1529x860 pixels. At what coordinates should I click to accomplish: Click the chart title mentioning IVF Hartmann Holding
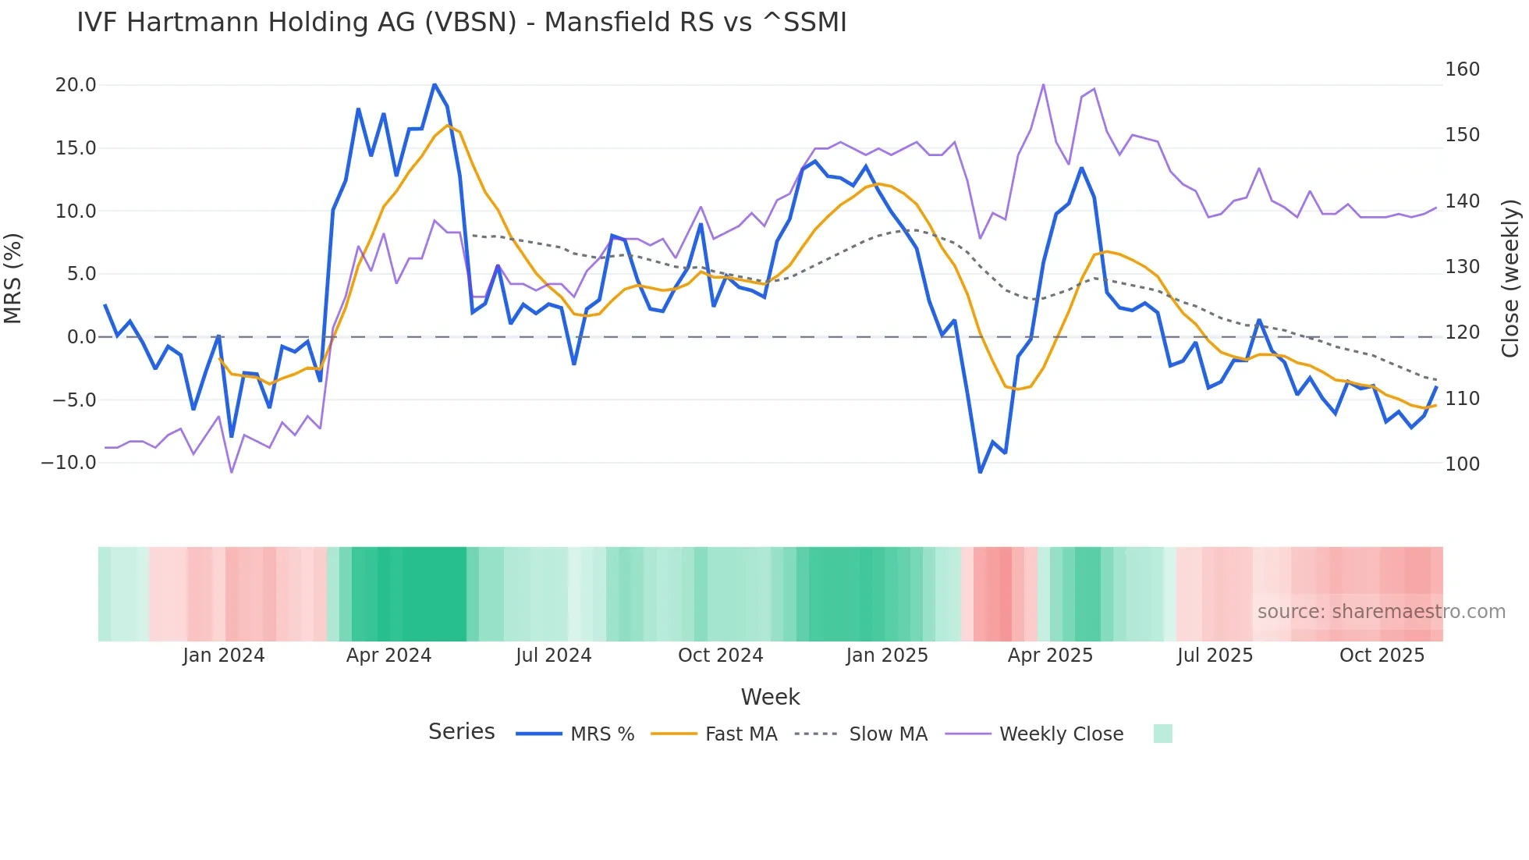[461, 23]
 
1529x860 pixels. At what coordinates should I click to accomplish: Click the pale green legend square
[1162, 734]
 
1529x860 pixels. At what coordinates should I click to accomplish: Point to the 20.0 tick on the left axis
[76, 85]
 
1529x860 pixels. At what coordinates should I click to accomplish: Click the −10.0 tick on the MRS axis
[69, 463]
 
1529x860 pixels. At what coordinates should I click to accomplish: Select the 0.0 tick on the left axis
[81, 337]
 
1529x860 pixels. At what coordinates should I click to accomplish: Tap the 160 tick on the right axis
[1462, 69]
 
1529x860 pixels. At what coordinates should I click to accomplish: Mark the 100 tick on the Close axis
[1462, 464]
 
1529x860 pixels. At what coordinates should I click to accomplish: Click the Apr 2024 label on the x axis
[388, 656]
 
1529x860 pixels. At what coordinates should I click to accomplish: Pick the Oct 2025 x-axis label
[1382, 656]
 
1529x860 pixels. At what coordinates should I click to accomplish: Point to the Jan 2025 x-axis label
[887, 656]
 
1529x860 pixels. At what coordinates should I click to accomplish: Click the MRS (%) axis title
[13, 278]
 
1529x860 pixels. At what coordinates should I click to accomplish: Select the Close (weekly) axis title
[1511, 278]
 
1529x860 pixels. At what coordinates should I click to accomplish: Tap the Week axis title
[770, 697]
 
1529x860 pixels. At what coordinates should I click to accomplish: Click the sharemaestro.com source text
[1381, 612]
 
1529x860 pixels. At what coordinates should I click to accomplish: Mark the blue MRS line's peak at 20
[435, 85]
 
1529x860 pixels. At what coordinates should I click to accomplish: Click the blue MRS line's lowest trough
[981, 471]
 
